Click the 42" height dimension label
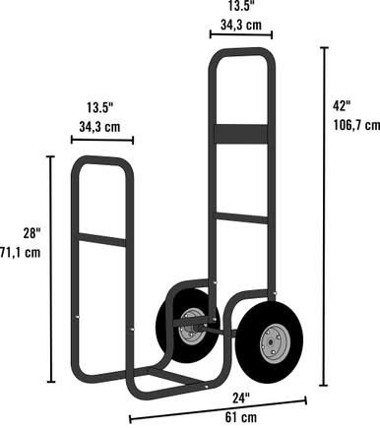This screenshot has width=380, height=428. point(342,106)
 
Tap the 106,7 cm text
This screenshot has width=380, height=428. point(356,125)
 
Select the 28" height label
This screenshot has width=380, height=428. point(32,233)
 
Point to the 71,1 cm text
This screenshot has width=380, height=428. point(21,253)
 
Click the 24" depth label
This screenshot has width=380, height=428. point(241,398)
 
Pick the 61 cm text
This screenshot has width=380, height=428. point(241,417)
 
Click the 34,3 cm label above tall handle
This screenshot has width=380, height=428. point(241,25)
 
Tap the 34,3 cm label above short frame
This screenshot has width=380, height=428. point(99,127)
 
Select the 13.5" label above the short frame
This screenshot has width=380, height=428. point(100,107)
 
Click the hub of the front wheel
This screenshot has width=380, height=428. point(271,342)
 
